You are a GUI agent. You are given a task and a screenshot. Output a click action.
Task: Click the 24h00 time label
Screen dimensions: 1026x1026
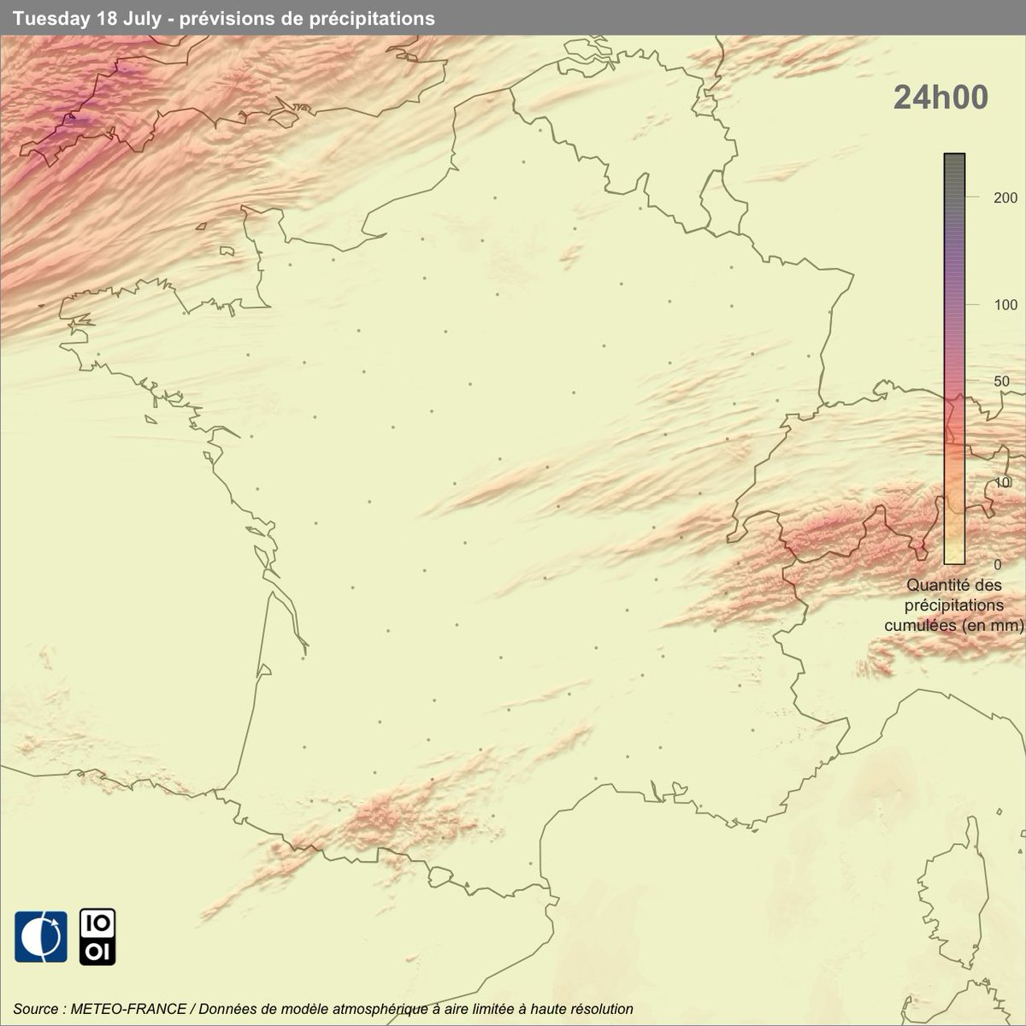click(x=940, y=97)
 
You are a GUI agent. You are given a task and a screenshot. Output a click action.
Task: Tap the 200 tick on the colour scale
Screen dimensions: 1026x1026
click(x=982, y=197)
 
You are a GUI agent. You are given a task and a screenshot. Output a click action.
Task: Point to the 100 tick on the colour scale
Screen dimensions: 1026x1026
click(x=982, y=305)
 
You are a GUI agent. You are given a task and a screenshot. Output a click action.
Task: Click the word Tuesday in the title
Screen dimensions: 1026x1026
click(x=46, y=18)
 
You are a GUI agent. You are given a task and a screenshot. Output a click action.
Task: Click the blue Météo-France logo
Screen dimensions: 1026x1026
click(x=40, y=937)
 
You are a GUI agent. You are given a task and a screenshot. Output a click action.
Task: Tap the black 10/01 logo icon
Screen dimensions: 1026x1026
click(x=97, y=937)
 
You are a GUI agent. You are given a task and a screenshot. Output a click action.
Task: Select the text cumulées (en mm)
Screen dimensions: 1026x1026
click(x=952, y=625)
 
